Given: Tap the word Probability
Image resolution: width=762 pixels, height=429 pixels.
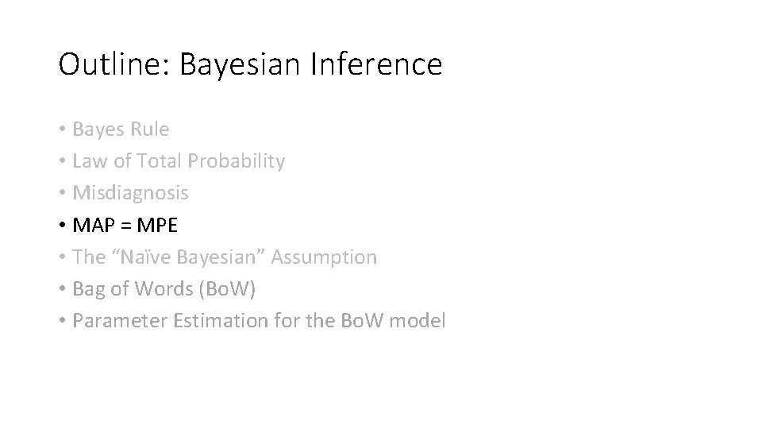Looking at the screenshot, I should pyautogui.click(x=236, y=162).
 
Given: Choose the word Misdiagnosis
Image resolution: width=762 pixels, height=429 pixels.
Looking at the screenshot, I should pyautogui.click(x=130, y=193).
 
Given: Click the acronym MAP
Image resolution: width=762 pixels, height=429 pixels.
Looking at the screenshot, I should pyautogui.click(x=92, y=225).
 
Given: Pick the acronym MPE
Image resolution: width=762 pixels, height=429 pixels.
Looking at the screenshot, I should pyautogui.click(x=157, y=225).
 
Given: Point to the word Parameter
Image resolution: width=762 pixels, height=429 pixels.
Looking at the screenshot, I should pyautogui.click(x=110, y=321).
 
